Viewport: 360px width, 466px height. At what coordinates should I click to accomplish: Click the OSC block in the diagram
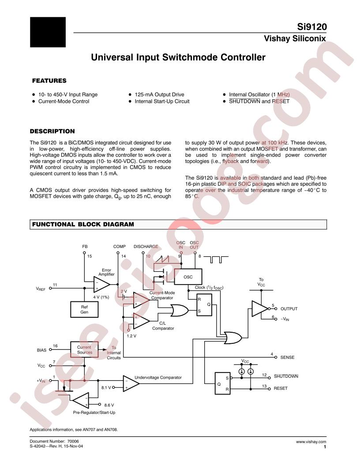click(x=188, y=277)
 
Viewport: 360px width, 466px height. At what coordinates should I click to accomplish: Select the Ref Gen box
click(x=84, y=309)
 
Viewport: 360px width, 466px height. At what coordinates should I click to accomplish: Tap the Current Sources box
click(x=84, y=350)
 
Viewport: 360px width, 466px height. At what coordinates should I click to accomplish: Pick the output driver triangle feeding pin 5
click(x=260, y=308)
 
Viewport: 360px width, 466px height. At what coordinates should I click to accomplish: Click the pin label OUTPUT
click(x=289, y=309)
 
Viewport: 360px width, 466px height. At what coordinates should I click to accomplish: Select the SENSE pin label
click(x=287, y=357)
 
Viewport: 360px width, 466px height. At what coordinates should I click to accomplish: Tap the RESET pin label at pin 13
click(x=281, y=388)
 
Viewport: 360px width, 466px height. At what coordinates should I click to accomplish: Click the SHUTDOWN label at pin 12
click(x=286, y=376)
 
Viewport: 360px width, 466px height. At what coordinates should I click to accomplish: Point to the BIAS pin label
click(x=41, y=350)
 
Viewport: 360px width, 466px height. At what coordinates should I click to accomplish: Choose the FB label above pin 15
click(x=85, y=246)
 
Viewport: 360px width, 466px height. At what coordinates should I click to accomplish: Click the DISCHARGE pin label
click(x=146, y=246)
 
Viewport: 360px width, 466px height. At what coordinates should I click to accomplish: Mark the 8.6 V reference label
click(x=109, y=405)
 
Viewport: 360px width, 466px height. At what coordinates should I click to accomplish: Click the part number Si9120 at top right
click(x=312, y=27)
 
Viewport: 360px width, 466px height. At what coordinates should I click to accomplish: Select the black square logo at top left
click(x=48, y=32)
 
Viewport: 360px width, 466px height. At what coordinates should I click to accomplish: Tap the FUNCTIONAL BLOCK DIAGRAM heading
click(x=83, y=224)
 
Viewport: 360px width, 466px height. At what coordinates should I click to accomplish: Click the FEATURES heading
click(x=49, y=81)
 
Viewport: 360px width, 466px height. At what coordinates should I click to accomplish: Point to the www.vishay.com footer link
click(x=311, y=442)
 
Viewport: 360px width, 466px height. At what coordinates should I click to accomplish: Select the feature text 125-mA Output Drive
click(x=160, y=94)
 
